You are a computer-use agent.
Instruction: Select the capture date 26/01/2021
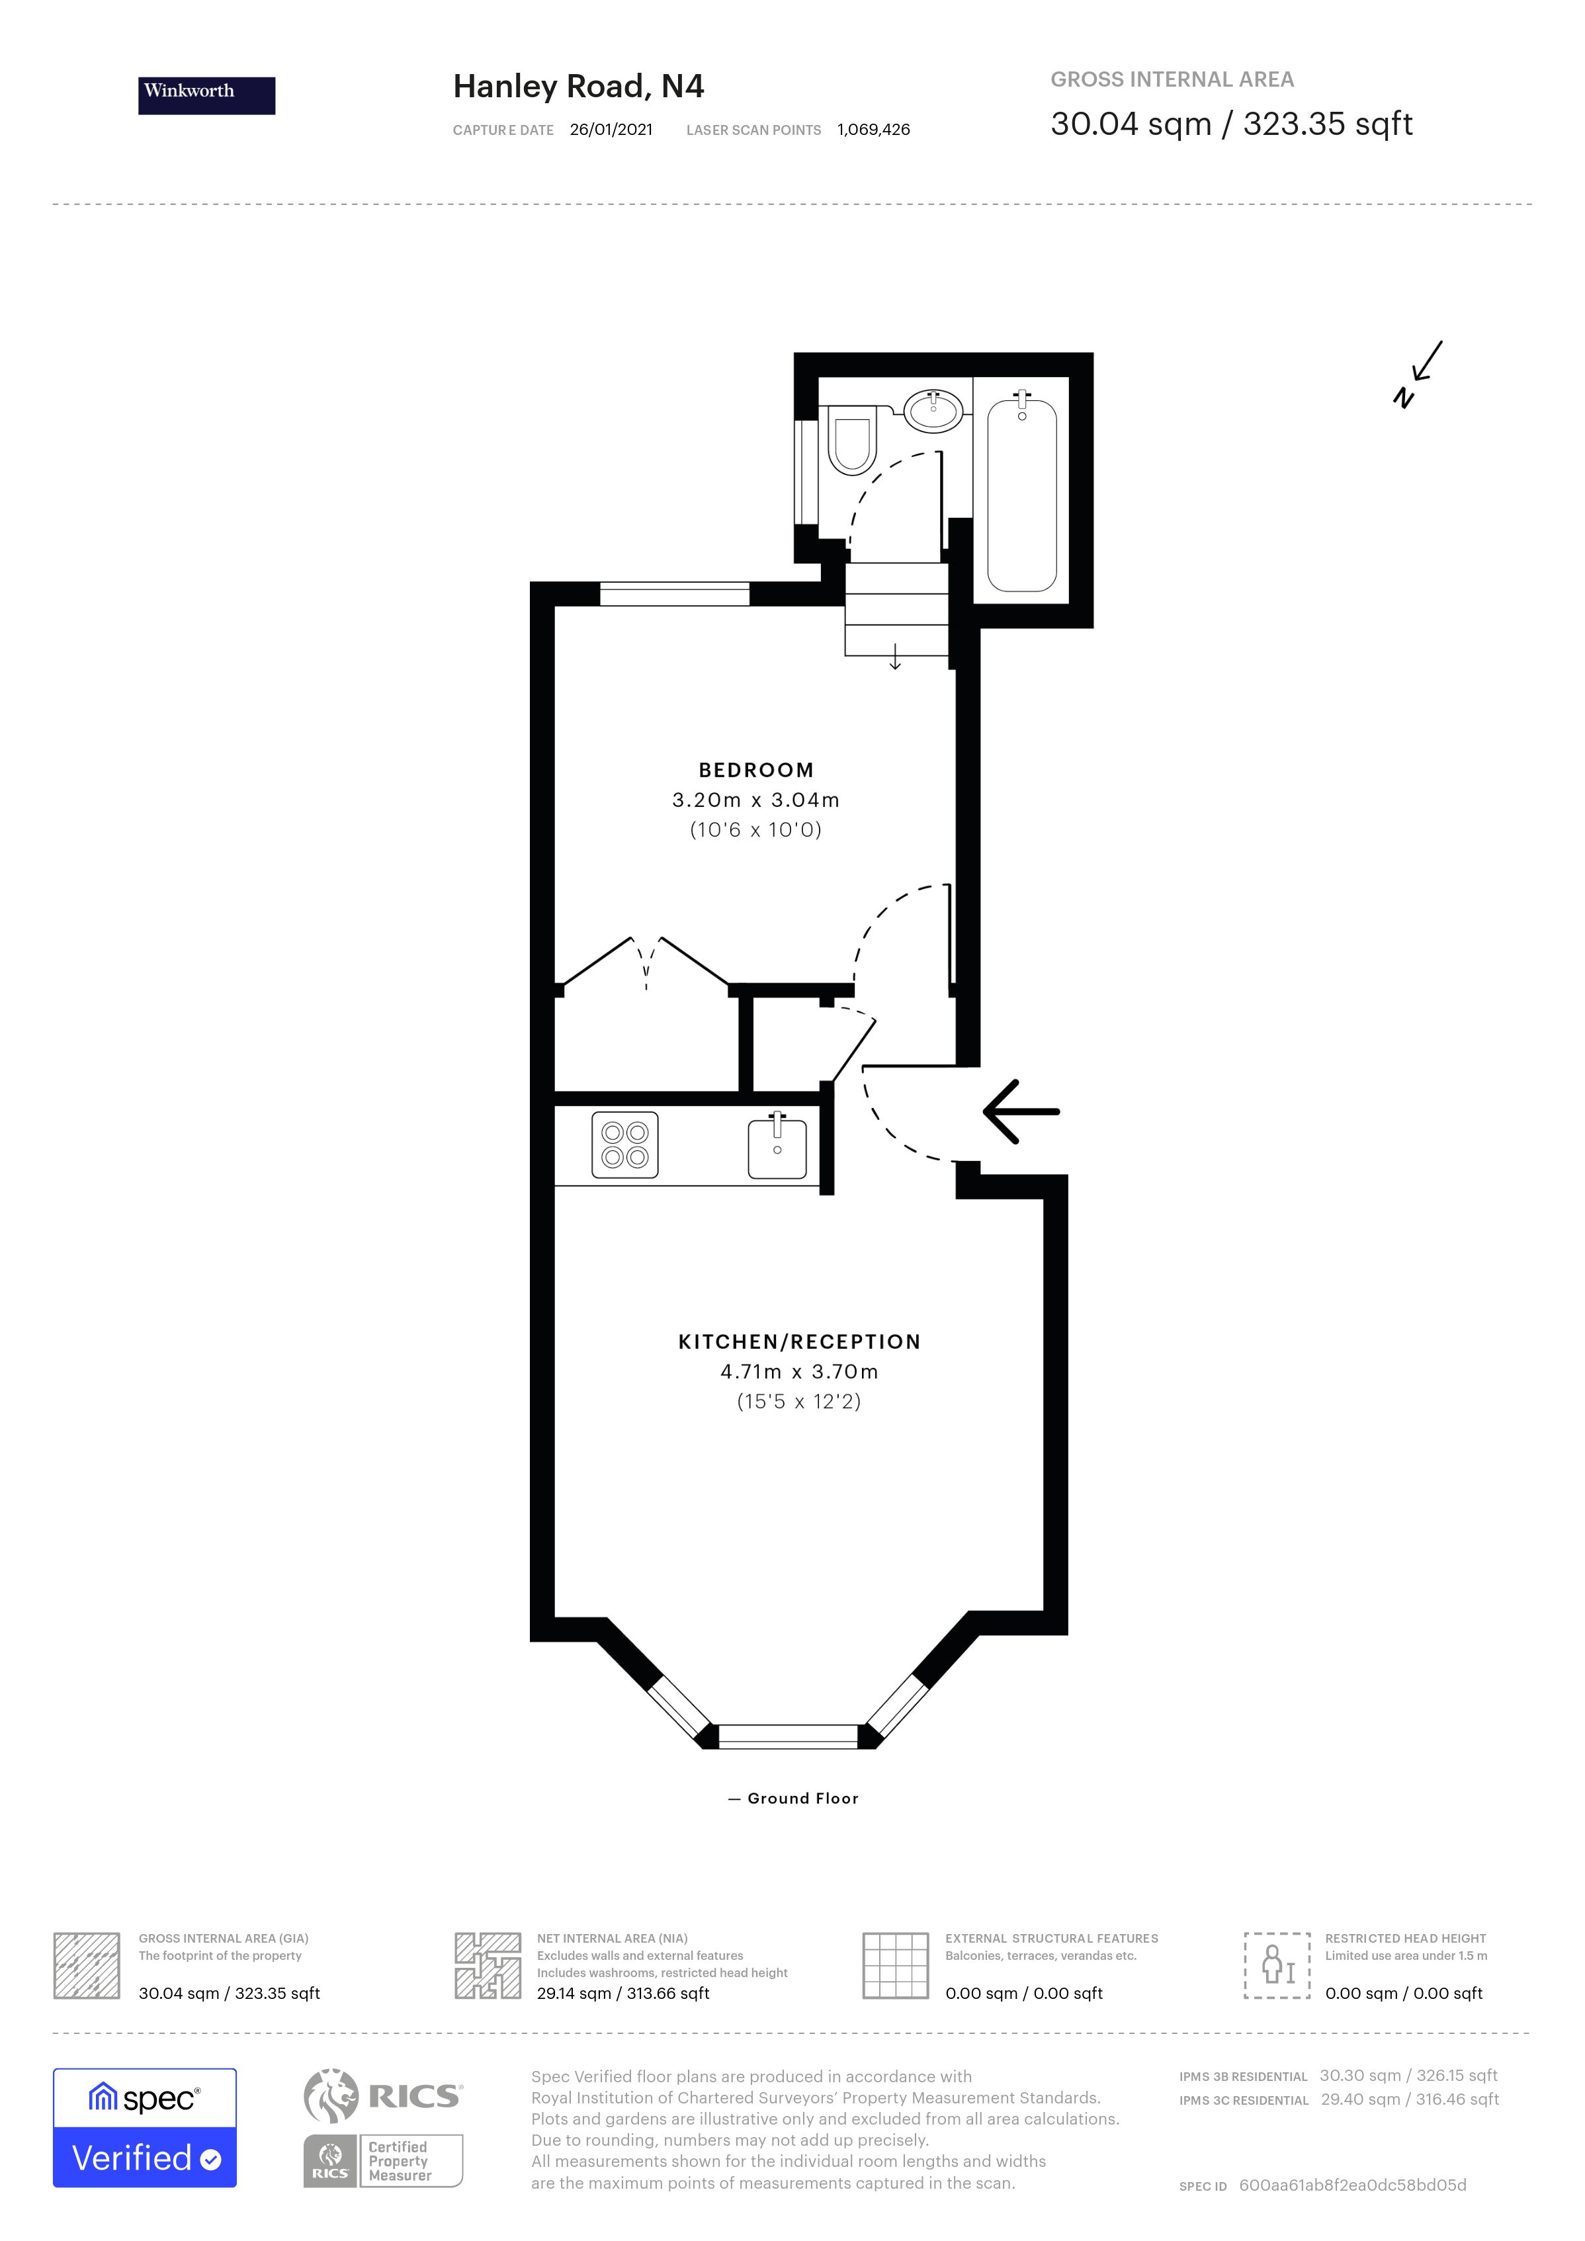click(x=611, y=130)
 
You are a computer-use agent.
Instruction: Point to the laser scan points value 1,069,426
click(x=873, y=130)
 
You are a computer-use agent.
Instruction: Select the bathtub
click(x=1022, y=496)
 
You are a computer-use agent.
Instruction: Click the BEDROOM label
click(x=755, y=770)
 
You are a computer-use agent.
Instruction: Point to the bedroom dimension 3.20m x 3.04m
click(x=755, y=800)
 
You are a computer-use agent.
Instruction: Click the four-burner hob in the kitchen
click(x=624, y=1145)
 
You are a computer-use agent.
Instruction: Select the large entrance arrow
click(x=1020, y=1112)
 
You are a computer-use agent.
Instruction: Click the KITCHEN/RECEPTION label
click(x=799, y=1342)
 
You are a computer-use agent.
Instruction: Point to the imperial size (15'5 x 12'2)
click(x=798, y=1402)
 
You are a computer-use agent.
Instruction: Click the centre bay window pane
click(x=788, y=1736)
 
